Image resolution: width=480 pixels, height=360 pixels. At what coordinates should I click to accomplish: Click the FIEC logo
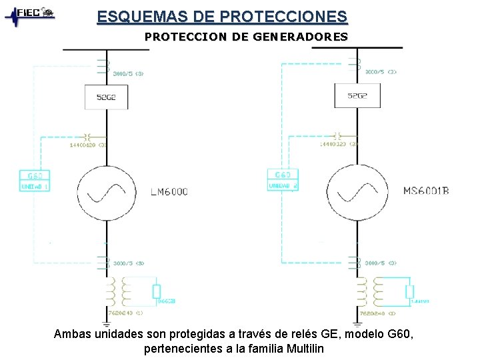(x=30, y=14)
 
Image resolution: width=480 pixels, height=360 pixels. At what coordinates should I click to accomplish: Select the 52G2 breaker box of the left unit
(x=106, y=97)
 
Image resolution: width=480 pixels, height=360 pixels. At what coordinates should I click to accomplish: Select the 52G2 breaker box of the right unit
(x=357, y=96)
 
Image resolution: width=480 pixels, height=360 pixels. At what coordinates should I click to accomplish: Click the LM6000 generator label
(x=169, y=191)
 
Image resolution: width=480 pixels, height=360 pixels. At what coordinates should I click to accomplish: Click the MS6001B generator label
(x=426, y=191)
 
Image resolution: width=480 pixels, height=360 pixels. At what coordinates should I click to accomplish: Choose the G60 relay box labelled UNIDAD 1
(x=35, y=181)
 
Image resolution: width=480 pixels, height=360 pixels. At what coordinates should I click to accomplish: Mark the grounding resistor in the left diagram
(x=156, y=291)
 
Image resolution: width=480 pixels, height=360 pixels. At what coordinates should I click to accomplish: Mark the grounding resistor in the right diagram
(x=409, y=291)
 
